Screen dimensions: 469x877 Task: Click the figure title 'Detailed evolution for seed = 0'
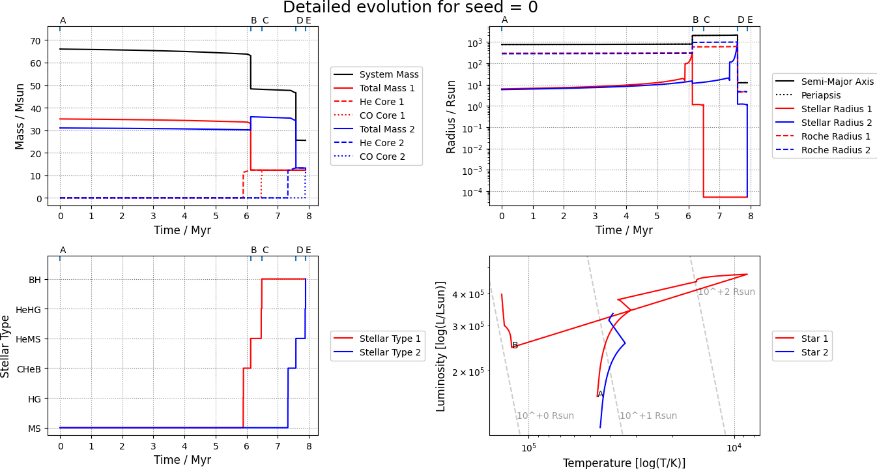pos(410,8)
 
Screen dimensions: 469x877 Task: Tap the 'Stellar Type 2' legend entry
pos(390,353)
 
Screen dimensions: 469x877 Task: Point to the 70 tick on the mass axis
pos(35,40)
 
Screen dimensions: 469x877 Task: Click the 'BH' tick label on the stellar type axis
pos(35,280)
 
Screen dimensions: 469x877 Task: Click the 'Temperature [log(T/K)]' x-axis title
pos(624,462)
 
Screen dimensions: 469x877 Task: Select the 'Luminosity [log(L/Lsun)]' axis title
pos(441,346)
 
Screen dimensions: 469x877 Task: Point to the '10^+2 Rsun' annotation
pos(726,292)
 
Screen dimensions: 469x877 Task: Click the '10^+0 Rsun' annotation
pos(545,416)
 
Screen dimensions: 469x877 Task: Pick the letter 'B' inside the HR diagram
pos(515,345)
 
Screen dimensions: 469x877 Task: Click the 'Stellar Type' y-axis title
pos(6,346)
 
